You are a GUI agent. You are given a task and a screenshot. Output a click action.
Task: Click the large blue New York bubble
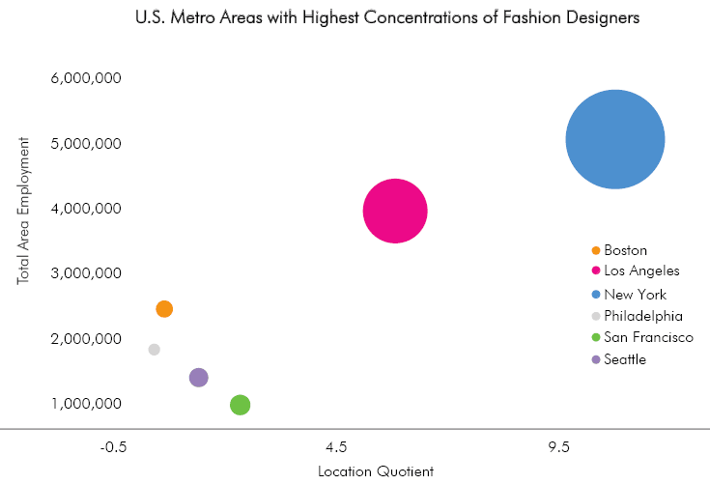tap(614, 140)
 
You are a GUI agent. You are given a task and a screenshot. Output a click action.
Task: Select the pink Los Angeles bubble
tap(395, 211)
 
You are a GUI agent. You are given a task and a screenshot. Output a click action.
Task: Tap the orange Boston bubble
tap(164, 309)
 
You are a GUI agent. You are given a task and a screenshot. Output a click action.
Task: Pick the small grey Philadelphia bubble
tap(154, 350)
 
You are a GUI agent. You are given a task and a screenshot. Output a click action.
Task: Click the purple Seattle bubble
tap(198, 378)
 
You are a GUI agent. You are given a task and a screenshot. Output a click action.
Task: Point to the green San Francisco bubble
tap(241, 405)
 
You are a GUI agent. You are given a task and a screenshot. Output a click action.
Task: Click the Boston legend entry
tap(625, 250)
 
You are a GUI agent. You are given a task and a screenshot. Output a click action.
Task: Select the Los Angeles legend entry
tap(641, 271)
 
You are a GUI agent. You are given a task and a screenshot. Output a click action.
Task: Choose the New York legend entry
tap(635, 294)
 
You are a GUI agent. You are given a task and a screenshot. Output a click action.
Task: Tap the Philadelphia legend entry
tap(643, 316)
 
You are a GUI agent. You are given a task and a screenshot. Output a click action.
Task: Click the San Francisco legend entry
tap(648, 337)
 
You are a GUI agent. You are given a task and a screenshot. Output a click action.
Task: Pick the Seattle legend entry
tap(625, 359)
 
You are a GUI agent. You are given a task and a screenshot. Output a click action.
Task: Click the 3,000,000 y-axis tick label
tap(84, 273)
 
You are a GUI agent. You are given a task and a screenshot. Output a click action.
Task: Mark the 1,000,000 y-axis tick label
tap(84, 404)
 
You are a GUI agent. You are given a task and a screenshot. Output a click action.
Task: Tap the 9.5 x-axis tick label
tap(558, 448)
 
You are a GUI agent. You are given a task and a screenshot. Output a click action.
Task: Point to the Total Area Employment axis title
tap(23, 211)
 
